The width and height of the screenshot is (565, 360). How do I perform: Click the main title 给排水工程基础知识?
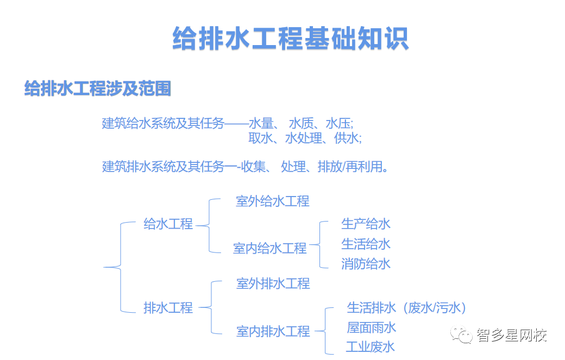coord(291,38)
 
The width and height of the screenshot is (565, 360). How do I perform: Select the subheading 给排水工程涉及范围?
coord(97,88)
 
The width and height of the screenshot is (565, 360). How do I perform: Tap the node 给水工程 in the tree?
coord(168,224)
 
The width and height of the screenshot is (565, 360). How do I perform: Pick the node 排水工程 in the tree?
coord(168,308)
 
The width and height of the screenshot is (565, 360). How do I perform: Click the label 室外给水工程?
coord(272,201)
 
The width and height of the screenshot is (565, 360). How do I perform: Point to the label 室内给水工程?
coord(269,248)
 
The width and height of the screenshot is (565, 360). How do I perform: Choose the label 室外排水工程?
coord(273,283)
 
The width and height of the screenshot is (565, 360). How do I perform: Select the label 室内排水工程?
coord(273,332)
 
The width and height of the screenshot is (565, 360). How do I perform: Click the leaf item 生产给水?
coord(366,224)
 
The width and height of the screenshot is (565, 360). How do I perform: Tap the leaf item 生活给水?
coord(366,244)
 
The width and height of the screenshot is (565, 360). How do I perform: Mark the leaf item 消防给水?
coord(366,264)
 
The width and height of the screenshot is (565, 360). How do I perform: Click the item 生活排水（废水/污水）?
coord(406,308)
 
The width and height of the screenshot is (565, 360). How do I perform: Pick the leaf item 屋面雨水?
coord(371,327)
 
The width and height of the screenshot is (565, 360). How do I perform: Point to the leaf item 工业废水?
coord(371,347)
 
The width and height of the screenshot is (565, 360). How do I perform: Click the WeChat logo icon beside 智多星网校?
coord(461,335)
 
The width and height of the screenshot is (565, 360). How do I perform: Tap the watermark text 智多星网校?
coord(512,335)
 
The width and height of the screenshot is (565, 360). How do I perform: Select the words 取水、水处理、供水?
coord(305,138)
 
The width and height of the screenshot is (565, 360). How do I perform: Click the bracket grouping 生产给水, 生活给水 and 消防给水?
coord(319,245)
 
